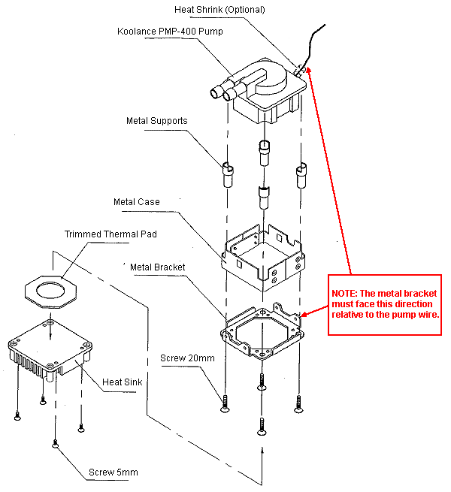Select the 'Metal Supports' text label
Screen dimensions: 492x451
pyautogui.click(x=156, y=120)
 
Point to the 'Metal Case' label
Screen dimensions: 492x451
pyautogui.click(x=137, y=202)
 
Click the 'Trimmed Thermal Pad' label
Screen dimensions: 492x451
pyautogui.click(x=110, y=234)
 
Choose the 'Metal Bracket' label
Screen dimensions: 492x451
pyautogui.click(x=158, y=267)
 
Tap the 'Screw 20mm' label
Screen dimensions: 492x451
pyautogui.click(x=187, y=358)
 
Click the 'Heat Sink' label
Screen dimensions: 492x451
pyautogui.click(x=123, y=382)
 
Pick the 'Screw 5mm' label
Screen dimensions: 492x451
pyautogui.click(x=113, y=472)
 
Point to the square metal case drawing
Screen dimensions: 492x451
pyautogui.click(x=263, y=252)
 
